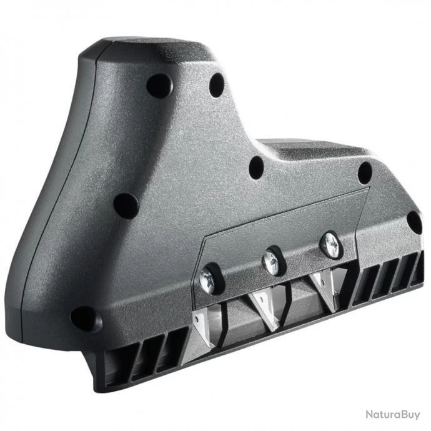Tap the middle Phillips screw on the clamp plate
(x=272, y=262)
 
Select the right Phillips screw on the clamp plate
(x=330, y=245)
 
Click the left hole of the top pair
(x=159, y=85)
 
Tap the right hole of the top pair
(x=217, y=85)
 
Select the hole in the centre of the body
(x=256, y=166)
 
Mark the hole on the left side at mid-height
(x=126, y=205)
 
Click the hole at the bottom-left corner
(x=84, y=319)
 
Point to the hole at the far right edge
(x=414, y=222)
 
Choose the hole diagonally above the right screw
(x=365, y=172)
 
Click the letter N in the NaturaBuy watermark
(x=370, y=414)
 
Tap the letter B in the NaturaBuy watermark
(x=404, y=414)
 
